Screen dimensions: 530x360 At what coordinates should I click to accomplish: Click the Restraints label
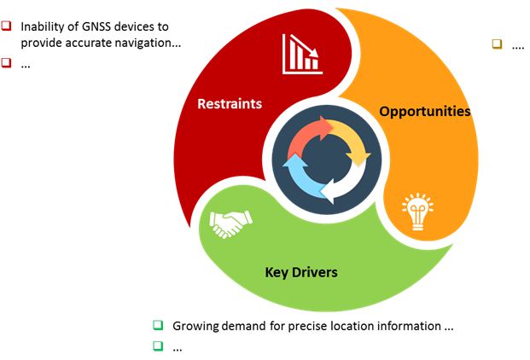(x=230, y=104)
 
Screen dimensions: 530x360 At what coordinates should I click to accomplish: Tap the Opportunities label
(x=424, y=112)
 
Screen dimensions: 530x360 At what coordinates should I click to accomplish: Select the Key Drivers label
(x=301, y=272)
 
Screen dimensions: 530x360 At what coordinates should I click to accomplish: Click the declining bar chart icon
(x=302, y=54)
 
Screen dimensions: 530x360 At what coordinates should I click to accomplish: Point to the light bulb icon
(x=418, y=212)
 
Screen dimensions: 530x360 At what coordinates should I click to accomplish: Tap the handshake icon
(x=230, y=224)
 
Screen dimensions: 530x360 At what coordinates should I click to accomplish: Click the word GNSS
(x=96, y=26)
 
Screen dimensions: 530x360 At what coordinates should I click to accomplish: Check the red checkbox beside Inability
(x=6, y=26)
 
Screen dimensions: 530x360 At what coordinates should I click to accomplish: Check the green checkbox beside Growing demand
(x=158, y=325)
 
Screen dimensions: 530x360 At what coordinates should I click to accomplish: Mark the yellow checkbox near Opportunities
(x=497, y=44)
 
